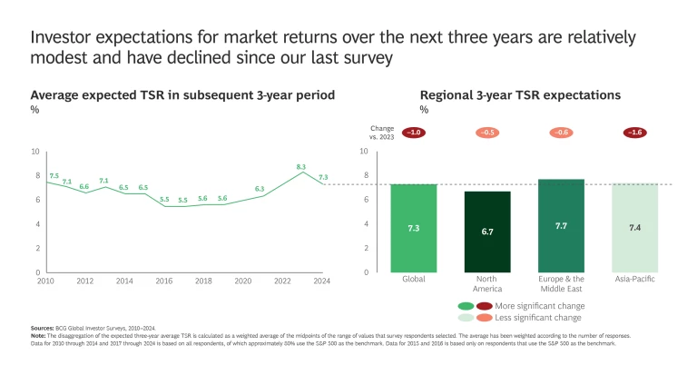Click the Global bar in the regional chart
point(414,228)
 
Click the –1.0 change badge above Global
point(414,133)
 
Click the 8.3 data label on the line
point(301,167)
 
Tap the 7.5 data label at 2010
point(54,176)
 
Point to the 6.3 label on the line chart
point(260,189)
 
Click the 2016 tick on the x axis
point(164,281)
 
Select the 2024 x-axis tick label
point(323,281)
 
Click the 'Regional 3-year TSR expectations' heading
point(519,94)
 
